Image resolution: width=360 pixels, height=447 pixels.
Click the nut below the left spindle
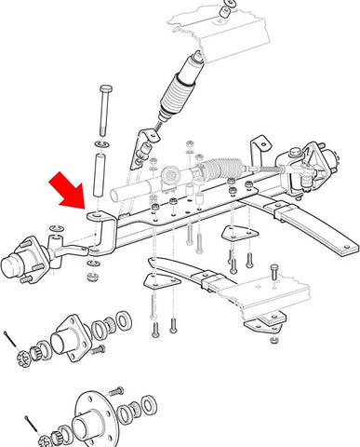tap(92, 275)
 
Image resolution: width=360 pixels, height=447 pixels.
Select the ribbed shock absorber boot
tap(177, 98)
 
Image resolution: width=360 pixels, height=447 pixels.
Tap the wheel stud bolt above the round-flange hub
tap(115, 390)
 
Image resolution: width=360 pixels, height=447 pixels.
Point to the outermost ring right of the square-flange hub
tap(123, 323)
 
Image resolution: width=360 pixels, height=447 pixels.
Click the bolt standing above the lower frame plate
tap(273, 278)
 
